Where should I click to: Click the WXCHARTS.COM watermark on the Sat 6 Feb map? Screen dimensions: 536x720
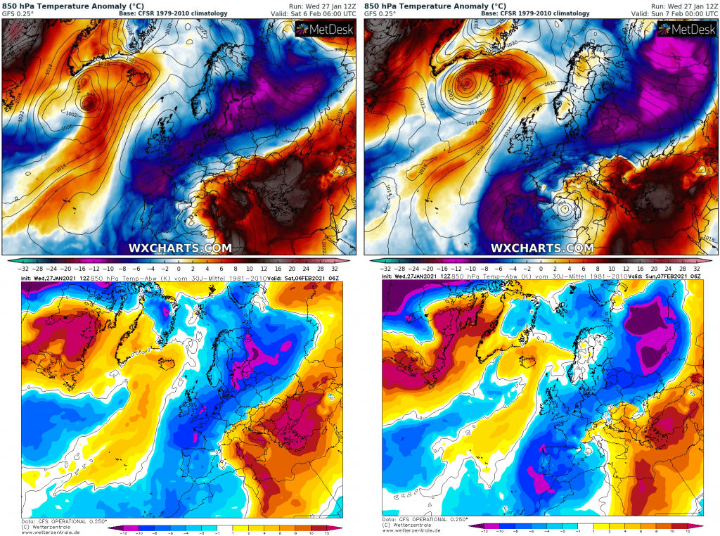(x=180, y=248)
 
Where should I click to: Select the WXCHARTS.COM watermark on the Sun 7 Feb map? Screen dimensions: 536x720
(x=541, y=248)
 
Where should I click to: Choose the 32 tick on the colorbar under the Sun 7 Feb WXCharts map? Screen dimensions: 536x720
(x=697, y=269)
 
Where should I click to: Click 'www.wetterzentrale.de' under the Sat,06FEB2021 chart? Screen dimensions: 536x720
(x=46, y=532)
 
